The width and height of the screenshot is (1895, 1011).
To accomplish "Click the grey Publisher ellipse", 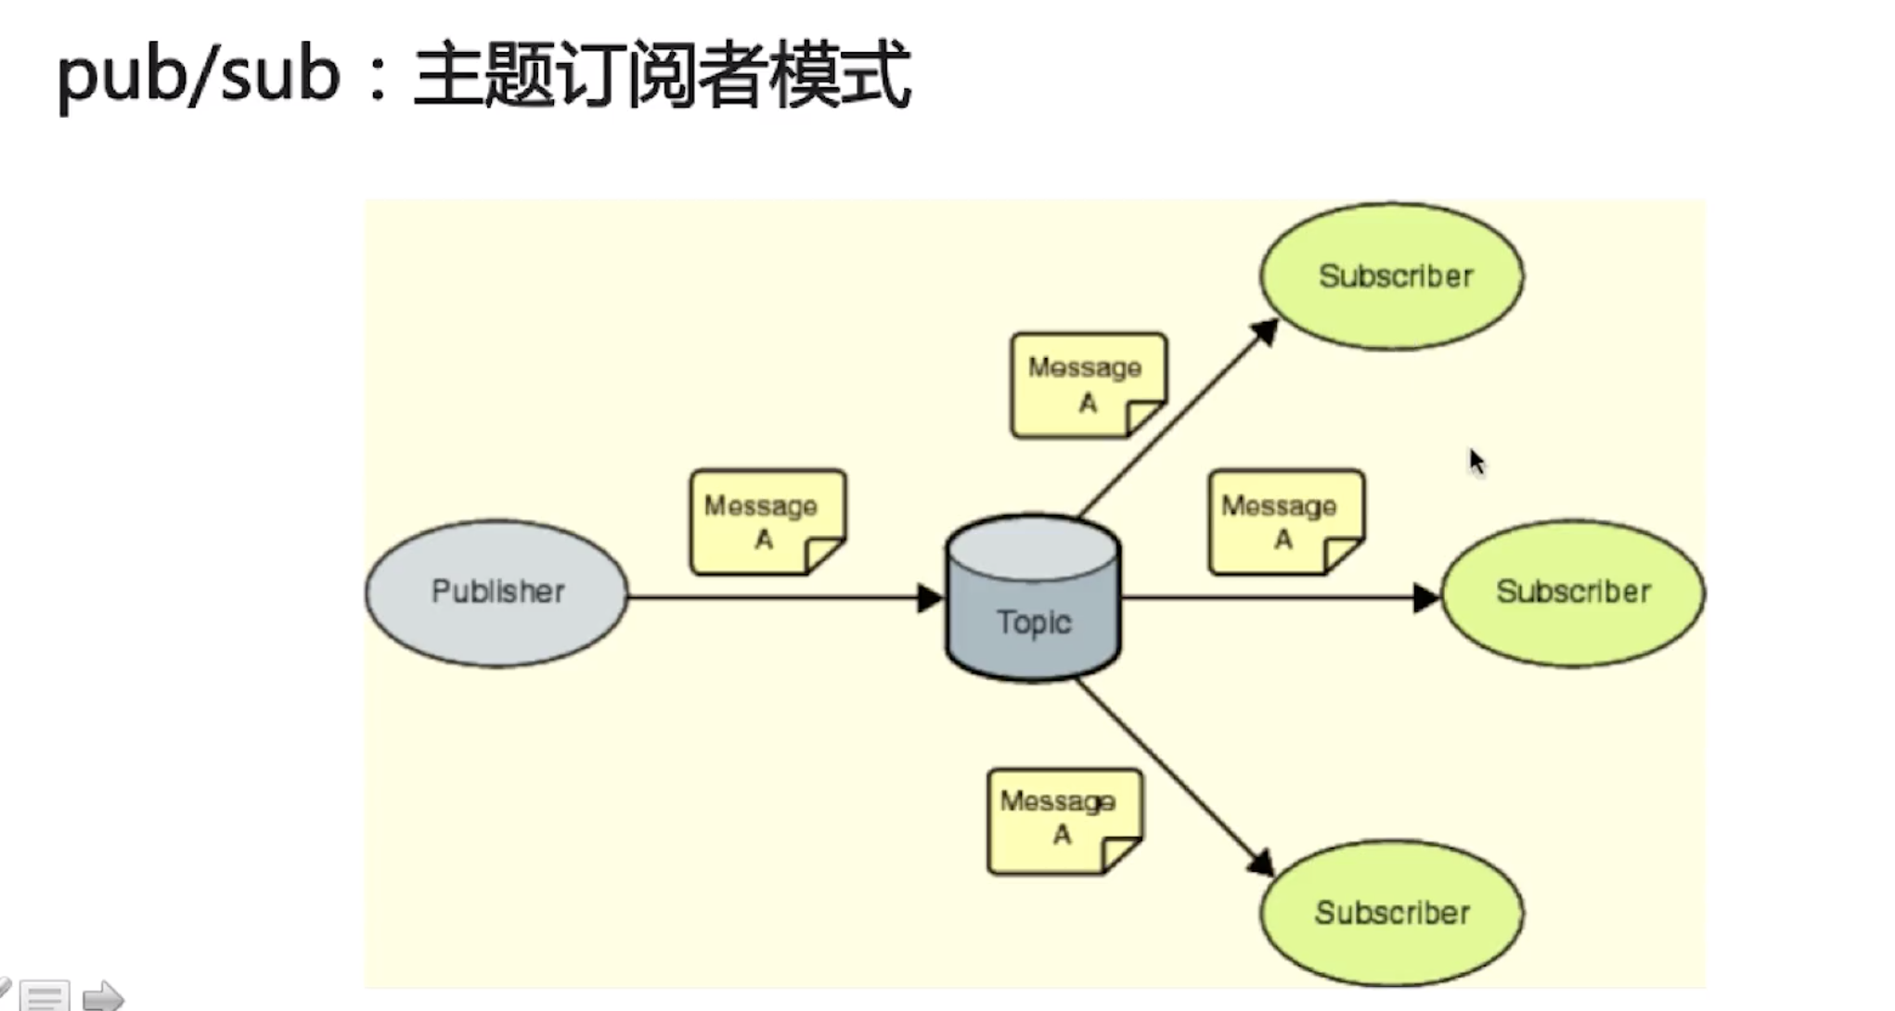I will click(x=496, y=593).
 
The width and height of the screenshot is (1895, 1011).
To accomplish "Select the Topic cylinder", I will click(x=1033, y=598).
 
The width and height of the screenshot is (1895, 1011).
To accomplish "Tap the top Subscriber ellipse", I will click(x=1391, y=276).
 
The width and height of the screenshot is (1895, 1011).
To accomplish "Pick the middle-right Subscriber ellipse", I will click(x=1573, y=593).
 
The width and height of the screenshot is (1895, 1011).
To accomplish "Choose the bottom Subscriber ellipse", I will click(x=1391, y=913).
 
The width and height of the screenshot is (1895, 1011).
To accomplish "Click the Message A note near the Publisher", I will click(x=767, y=521).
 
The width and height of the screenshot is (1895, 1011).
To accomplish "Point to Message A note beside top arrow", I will click(x=1088, y=385).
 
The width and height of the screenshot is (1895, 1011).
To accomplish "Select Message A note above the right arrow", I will click(x=1285, y=521).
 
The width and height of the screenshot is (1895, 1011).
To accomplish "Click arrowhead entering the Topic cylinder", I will click(x=930, y=598).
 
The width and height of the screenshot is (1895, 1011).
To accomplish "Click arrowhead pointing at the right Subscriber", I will click(x=1426, y=598).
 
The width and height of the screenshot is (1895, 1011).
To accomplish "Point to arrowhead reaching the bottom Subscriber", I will click(x=1260, y=863).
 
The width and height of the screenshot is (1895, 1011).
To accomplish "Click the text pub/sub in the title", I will click(x=198, y=76).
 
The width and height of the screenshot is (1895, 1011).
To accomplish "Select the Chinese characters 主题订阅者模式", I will click(x=662, y=76).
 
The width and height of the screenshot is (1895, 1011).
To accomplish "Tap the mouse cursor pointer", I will click(x=1476, y=461).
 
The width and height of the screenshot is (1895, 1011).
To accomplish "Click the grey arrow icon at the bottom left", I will click(x=102, y=997).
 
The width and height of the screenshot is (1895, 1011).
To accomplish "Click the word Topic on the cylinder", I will click(x=1034, y=622).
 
